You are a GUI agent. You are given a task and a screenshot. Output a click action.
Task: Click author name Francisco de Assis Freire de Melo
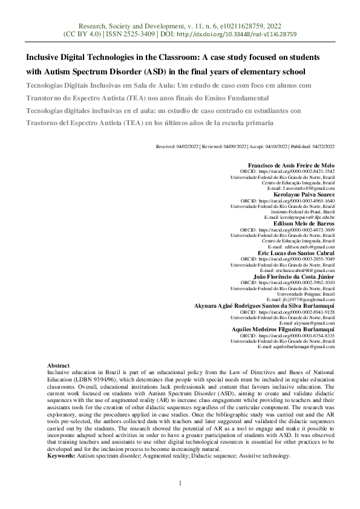click(x=291, y=166)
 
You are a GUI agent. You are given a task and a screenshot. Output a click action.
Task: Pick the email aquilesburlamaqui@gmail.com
click(x=296, y=346)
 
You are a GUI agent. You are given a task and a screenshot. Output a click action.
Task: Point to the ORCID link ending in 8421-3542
click(x=296, y=171)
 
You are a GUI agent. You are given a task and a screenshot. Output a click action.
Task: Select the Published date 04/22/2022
click(x=324, y=146)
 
